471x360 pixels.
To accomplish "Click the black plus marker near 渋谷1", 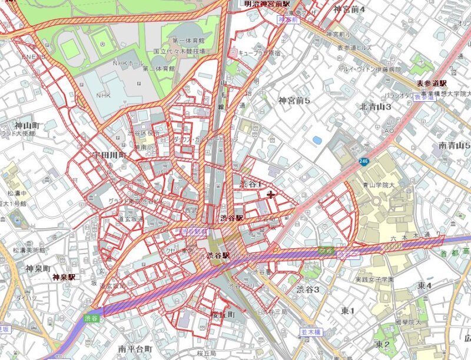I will [271, 194].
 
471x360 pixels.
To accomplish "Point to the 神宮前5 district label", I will [294, 101].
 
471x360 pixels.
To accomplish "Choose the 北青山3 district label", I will [376, 106].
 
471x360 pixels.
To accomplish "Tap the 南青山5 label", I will [455, 145].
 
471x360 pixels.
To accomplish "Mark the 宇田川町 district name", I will [110, 155].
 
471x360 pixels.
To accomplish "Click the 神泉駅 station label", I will [64, 277].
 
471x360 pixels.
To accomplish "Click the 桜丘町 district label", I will [223, 315].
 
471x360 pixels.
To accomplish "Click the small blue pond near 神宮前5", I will [318, 141].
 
